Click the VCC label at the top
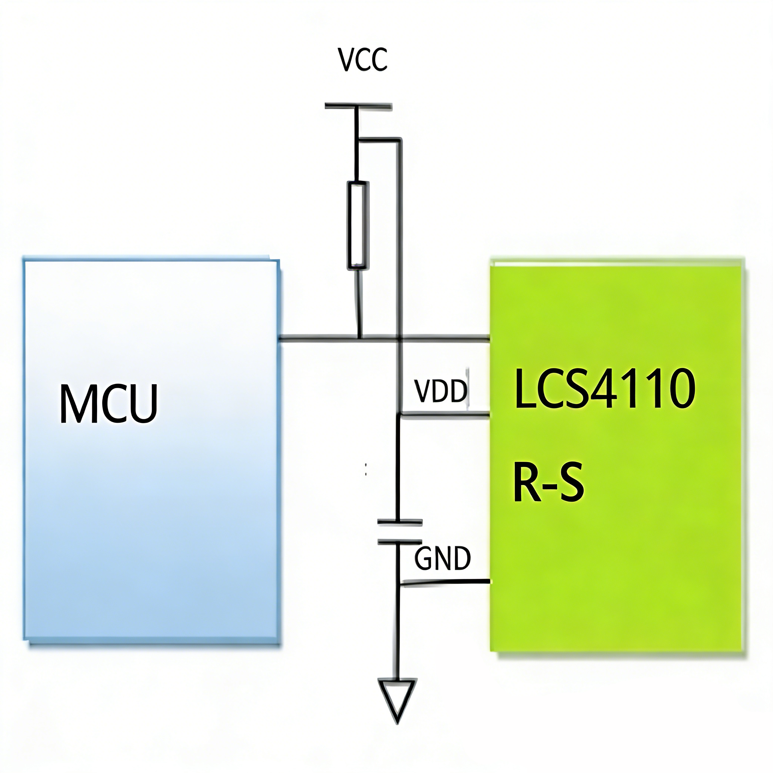coord(362,60)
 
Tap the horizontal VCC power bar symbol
coord(358,106)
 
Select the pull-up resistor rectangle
coord(358,225)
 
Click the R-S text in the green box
coord(548,482)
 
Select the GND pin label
coord(442,559)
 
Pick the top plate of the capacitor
coord(400,522)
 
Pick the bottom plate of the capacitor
coord(400,542)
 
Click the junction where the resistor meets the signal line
coord(360,340)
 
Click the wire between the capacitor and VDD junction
coord(398,468)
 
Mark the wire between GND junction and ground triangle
coord(398,632)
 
